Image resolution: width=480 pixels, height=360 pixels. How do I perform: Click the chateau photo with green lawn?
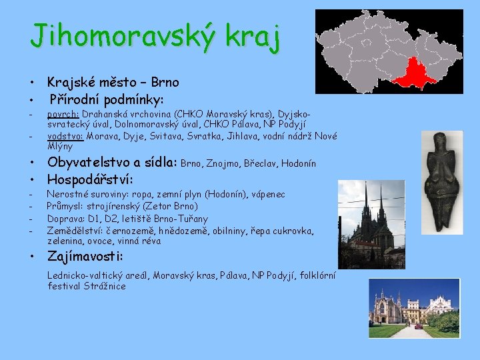click(415, 307)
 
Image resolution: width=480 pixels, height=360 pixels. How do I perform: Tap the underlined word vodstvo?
click(65, 135)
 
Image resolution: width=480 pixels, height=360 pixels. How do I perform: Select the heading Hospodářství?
click(89, 179)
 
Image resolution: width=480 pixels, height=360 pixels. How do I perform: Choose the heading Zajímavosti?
click(85, 256)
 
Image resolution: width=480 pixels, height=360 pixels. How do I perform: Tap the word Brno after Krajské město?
click(165, 83)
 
